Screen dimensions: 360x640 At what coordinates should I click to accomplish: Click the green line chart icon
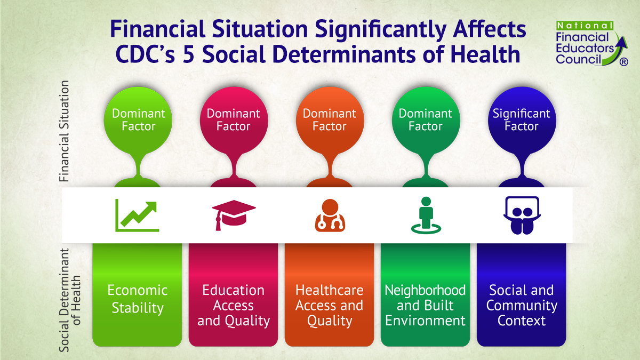[137, 215]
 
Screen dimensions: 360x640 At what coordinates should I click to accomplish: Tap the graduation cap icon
[233, 215]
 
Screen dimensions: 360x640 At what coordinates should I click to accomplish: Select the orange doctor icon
[329, 215]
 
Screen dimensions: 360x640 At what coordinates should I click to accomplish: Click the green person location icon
[425, 215]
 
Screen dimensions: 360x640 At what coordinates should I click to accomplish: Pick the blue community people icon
[521, 215]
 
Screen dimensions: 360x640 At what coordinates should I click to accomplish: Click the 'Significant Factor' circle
[521, 120]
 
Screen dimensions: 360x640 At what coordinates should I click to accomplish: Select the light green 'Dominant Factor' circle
[138, 120]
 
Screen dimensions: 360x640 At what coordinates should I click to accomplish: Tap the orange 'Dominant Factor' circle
[329, 120]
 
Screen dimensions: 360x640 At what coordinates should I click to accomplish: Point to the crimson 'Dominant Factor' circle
[233, 120]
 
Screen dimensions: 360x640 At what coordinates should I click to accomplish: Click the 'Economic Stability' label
[138, 299]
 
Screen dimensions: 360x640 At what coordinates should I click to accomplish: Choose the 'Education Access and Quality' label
[233, 305]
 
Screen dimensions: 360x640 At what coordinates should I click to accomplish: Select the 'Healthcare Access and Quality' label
[329, 305]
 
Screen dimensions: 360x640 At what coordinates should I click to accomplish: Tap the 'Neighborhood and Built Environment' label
[425, 305]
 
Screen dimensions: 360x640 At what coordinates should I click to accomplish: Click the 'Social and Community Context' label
[521, 305]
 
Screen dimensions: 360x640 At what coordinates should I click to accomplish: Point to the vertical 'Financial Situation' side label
[65, 132]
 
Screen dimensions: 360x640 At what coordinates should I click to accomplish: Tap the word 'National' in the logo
[585, 25]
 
